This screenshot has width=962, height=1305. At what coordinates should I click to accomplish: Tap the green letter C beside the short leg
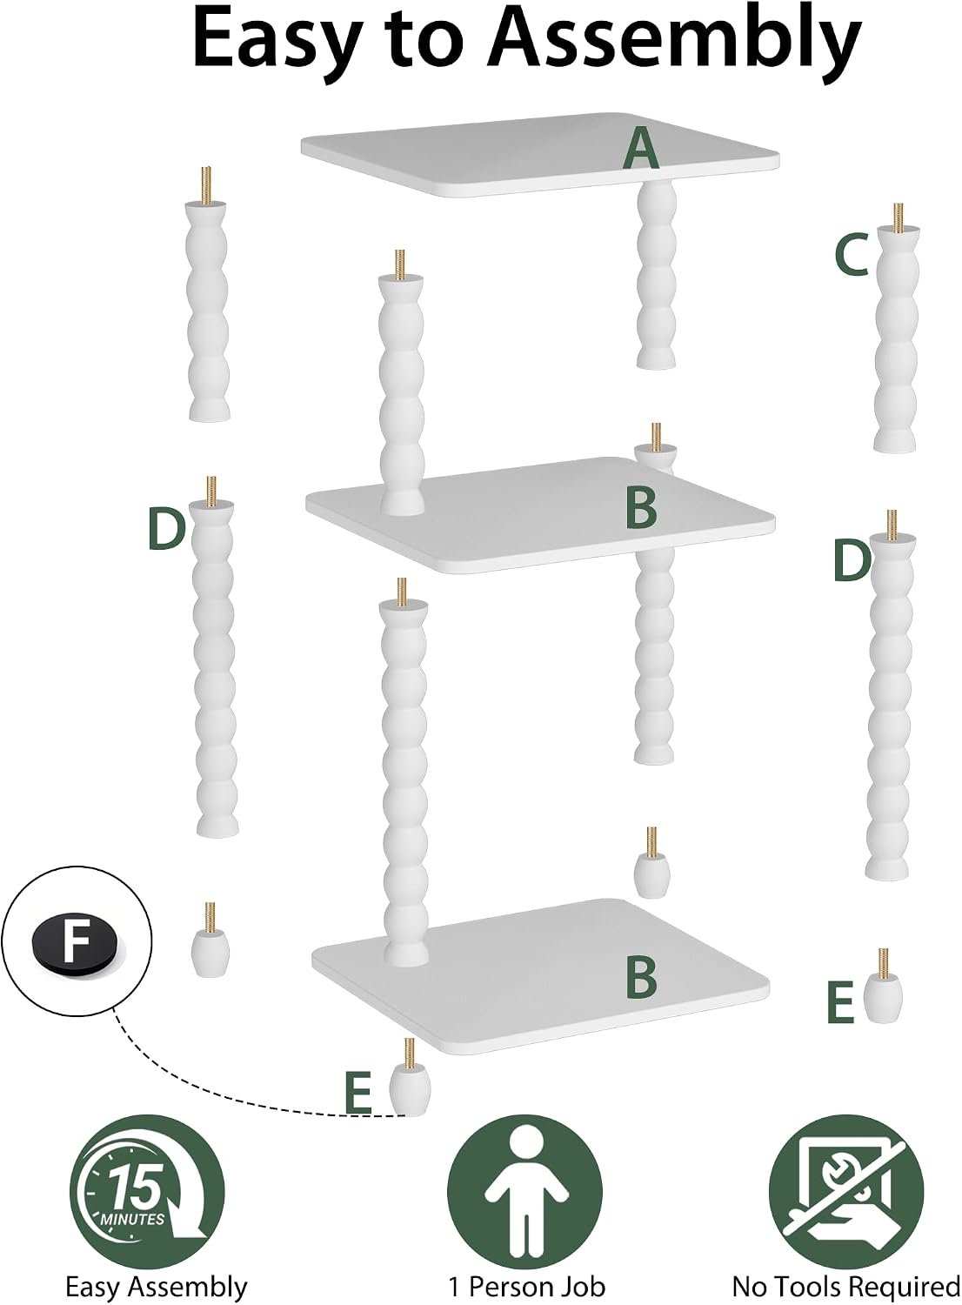pos(851,254)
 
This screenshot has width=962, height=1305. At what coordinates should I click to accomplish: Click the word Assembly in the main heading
pos(675,43)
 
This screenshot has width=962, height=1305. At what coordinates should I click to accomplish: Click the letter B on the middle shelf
pos(641,508)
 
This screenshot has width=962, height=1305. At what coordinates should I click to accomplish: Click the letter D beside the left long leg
pos(166,529)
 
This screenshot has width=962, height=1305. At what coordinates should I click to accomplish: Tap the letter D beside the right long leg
pos(852,561)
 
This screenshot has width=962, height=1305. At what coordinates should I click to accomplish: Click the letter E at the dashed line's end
pos(357,1093)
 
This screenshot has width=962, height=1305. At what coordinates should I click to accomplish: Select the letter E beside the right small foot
pos(840,1002)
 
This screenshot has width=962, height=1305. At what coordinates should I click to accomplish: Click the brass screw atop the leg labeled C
pos(899,217)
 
